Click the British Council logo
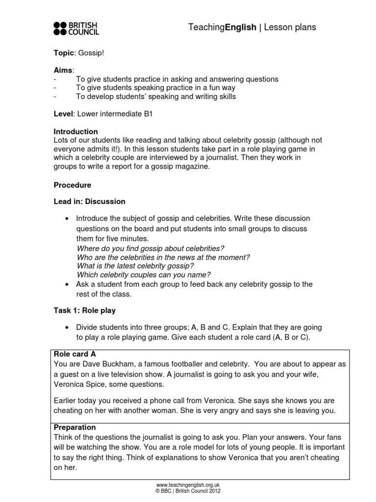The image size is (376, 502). coord(76,28)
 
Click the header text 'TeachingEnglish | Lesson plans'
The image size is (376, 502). coord(252,27)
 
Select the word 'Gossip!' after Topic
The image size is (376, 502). coord(91,52)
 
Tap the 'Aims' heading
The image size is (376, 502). coord(63,71)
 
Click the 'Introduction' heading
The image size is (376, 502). coord(75,132)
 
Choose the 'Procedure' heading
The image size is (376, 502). coord(72,185)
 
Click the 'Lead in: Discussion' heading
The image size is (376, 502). coord(89,201)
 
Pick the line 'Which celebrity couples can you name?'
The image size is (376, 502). coord(144,275)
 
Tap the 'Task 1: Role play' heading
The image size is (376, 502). coord(84,310)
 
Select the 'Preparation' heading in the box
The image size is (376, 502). coord(74,427)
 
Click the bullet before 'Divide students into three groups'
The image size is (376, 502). coord(67,327)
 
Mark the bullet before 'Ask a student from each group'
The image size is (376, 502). coord(67,284)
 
